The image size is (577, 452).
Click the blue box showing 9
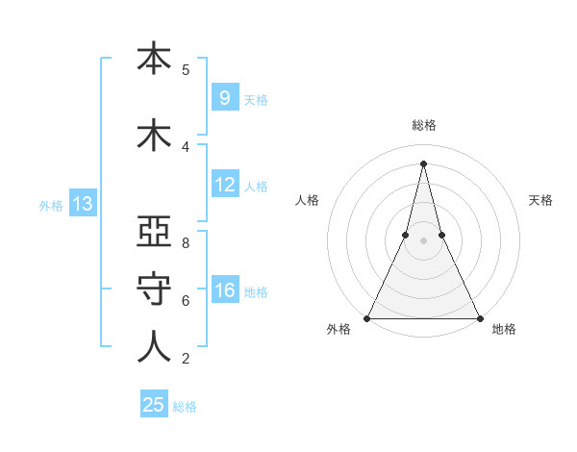224,97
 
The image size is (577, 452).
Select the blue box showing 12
224,185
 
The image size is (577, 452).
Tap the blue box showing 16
224,290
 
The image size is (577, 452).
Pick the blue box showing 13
82,203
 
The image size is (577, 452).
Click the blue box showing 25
154,405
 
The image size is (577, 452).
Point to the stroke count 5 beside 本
186,70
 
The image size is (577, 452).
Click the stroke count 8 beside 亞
186,243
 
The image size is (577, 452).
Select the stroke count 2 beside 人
186,359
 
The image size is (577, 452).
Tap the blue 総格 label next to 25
185,407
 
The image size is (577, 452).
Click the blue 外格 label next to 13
50,205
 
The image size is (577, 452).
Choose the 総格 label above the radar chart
423,125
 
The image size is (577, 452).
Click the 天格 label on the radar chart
541,200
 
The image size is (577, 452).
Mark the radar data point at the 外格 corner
367,317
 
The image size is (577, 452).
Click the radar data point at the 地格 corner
479,317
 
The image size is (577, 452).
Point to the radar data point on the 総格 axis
423,163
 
